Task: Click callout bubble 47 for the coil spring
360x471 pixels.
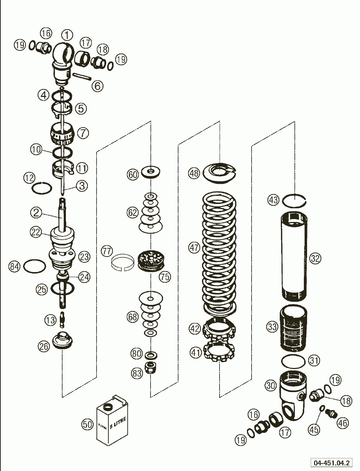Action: pyautogui.click(x=194, y=248)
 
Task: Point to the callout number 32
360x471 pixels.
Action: pyautogui.click(x=315, y=258)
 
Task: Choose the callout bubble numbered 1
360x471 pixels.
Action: pyautogui.click(x=67, y=35)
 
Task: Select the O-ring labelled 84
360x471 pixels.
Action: pyautogui.click(x=34, y=267)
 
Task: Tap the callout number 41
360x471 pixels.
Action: pyautogui.click(x=196, y=353)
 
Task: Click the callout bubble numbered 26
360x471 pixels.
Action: pyautogui.click(x=44, y=346)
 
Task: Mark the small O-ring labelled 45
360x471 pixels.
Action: pyautogui.click(x=323, y=409)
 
